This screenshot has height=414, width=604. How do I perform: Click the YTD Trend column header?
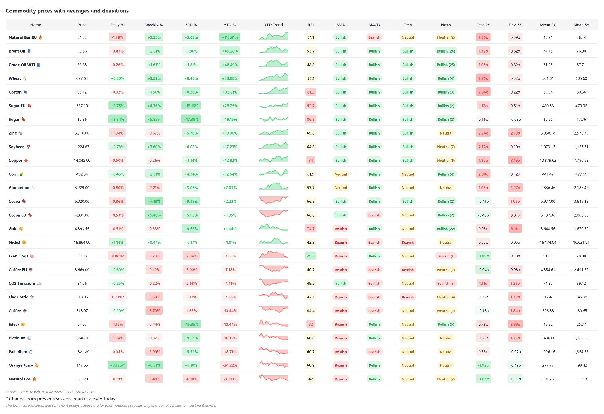tap(273, 25)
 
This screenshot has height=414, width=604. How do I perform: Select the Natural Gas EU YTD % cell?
tap(230, 37)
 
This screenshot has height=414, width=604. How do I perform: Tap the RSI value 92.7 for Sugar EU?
tap(311, 106)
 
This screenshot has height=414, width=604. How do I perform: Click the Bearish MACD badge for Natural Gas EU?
tap(374, 37)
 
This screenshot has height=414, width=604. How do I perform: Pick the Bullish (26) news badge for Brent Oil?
tap(446, 51)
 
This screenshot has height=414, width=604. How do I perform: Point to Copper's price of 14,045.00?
tap(82, 160)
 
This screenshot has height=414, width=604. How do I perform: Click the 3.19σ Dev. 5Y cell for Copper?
tap(515, 160)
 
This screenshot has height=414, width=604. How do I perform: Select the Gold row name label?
tap(13, 229)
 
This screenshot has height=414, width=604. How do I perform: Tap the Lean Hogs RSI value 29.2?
tap(311, 256)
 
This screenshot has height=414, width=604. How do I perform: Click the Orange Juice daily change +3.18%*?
tap(117, 365)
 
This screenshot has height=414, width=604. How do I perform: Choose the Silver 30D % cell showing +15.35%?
tap(191, 324)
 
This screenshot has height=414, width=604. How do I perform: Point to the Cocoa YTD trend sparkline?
tap(273, 200)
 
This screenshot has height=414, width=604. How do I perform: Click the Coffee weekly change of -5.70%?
tap(154, 310)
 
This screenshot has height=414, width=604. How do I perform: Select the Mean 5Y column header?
tap(581, 25)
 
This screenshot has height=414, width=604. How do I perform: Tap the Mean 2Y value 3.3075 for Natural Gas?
tap(548, 379)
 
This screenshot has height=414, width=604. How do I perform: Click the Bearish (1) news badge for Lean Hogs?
tap(446, 256)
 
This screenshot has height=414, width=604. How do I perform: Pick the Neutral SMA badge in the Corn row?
tap(340, 174)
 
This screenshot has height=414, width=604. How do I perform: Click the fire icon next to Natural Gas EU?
tap(40, 37)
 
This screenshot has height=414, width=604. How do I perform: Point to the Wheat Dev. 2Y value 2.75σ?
tap(483, 78)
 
